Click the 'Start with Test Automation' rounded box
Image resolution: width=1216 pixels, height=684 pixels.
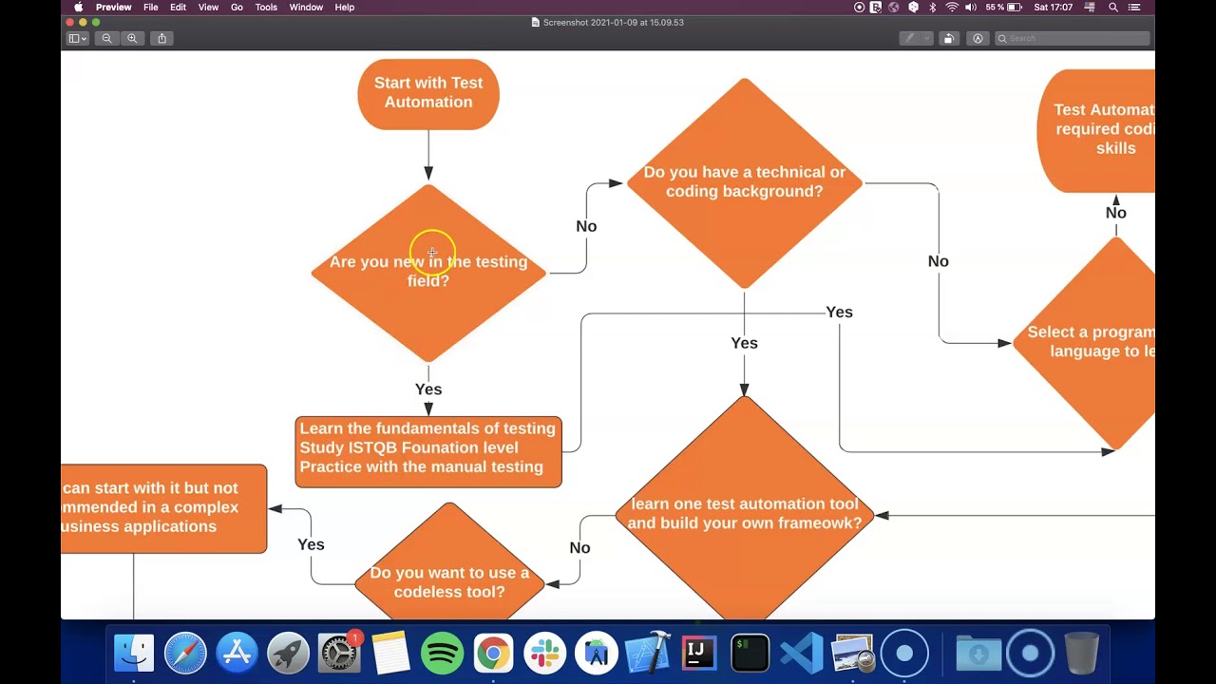[x=428, y=93]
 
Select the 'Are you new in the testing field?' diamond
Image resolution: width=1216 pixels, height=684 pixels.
[x=428, y=272]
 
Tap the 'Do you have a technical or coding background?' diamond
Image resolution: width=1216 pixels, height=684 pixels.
[x=744, y=182]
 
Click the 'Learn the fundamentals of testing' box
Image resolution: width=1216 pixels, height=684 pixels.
[x=428, y=451]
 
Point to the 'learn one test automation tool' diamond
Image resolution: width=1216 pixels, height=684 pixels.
[x=744, y=513]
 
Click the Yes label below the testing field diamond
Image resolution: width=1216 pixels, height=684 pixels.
[x=428, y=389]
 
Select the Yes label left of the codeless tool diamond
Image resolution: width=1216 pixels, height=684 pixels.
[x=311, y=545]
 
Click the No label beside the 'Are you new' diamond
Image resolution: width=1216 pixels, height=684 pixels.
[x=586, y=226]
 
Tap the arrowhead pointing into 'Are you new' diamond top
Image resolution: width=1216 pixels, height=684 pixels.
[x=428, y=173]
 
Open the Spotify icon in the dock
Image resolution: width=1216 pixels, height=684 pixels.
[x=442, y=654]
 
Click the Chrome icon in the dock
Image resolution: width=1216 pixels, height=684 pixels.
[x=493, y=654]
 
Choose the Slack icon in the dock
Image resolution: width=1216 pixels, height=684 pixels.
[x=544, y=654]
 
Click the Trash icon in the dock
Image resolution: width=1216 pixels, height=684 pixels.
[x=1081, y=654]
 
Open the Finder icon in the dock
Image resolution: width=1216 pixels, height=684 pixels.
[x=134, y=654]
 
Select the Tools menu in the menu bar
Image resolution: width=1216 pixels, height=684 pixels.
[x=266, y=8]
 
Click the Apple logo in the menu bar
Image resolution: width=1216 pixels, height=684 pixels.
[x=79, y=8]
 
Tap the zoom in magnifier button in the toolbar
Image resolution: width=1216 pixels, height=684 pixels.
[x=132, y=38]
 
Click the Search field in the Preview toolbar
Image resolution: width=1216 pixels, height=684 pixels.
[x=1073, y=38]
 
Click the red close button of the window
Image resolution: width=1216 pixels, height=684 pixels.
[x=70, y=22]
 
